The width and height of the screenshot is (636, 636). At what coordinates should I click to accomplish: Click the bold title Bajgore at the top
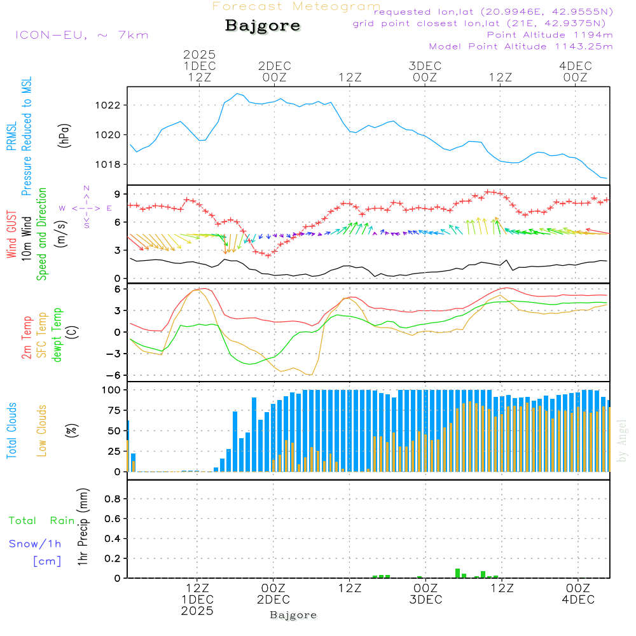pyautogui.click(x=263, y=26)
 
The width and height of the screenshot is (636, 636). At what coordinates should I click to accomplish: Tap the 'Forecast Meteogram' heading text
pyautogui.click(x=296, y=6)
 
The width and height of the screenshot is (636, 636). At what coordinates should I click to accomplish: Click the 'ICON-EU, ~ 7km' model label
pyautogui.click(x=81, y=34)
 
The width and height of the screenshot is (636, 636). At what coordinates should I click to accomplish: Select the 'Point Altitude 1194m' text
pyautogui.click(x=550, y=34)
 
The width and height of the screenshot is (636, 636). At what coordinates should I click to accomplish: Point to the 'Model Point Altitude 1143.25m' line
pyautogui.click(x=521, y=46)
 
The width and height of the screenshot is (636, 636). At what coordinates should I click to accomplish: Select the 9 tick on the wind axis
pyautogui.click(x=118, y=194)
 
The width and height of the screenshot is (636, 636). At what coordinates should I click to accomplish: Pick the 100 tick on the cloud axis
pyautogui.click(x=112, y=389)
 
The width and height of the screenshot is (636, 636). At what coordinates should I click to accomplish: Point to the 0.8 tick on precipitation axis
pyautogui.click(x=113, y=499)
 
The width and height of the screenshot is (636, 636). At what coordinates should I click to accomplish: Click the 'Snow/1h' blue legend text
pyautogui.click(x=36, y=544)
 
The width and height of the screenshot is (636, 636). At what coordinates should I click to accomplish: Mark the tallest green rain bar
pyautogui.click(x=457, y=573)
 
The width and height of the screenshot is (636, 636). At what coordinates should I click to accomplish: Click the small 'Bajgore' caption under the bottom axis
pyautogui.click(x=293, y=615)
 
